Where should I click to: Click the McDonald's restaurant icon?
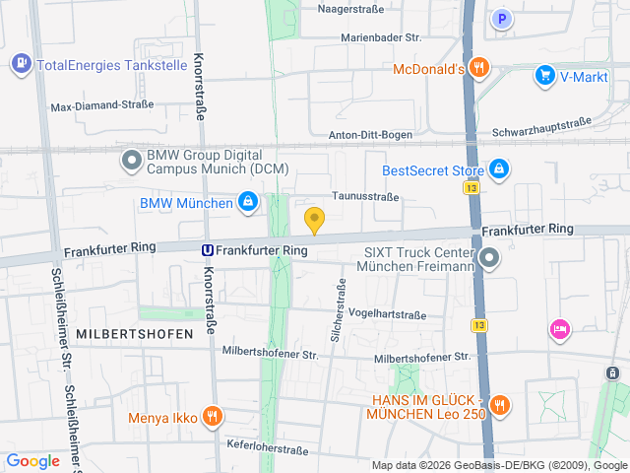[479, 68]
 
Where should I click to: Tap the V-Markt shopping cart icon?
[544, 75]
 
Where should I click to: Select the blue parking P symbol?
[503, 18]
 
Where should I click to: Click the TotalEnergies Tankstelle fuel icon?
[20, 65]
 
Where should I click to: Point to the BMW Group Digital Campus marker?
[131, 161]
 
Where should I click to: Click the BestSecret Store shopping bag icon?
[499, 170]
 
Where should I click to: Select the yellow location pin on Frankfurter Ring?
[315, 220]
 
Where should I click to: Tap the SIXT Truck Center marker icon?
[490, 258]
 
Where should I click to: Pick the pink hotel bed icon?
[559, 328]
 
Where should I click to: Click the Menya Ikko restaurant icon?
[211, 416]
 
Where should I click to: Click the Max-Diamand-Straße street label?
[102, 105]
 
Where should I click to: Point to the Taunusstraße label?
[365, 196]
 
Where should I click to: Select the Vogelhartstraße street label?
[387, 314]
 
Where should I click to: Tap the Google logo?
[32, 460]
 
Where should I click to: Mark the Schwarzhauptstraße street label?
[541, 125]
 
